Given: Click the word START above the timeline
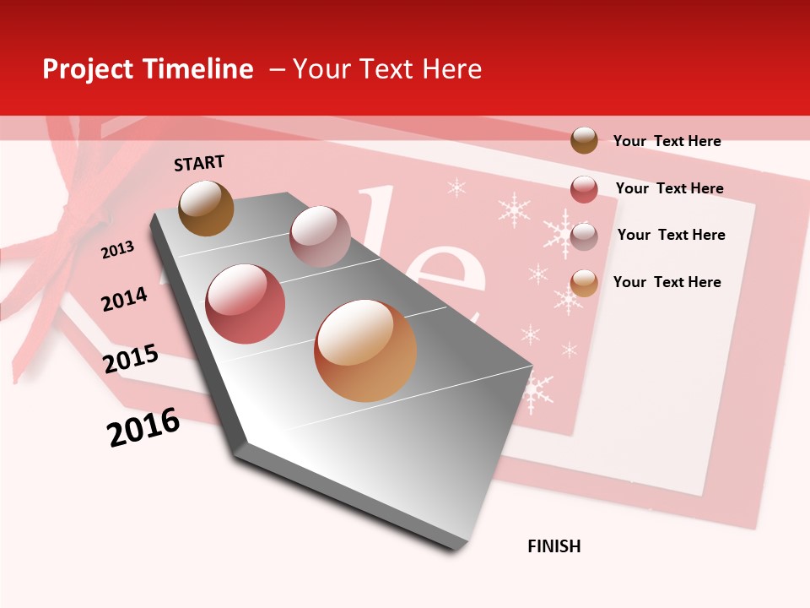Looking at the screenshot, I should click(199, 163).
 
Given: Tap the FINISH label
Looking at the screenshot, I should click(554, 546).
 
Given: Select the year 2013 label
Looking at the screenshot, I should click(117, 250).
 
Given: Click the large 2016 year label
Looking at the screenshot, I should click(143, 427).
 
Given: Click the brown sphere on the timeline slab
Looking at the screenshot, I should click(206, 208).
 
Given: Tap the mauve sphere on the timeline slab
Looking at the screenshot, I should click(320, 236).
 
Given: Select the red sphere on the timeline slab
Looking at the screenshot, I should click(246, 304).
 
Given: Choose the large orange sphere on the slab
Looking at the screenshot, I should click(365, 350).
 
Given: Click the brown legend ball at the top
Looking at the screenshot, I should click(584, 140).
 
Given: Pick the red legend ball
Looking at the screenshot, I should click(584, 189).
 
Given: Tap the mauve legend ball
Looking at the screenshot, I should click(584, 236).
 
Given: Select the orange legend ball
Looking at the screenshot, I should click(584, 283).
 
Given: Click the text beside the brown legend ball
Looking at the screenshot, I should click(667, 141).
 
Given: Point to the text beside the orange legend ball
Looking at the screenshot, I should click(667, 282).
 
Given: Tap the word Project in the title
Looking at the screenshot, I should click(85, 69).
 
